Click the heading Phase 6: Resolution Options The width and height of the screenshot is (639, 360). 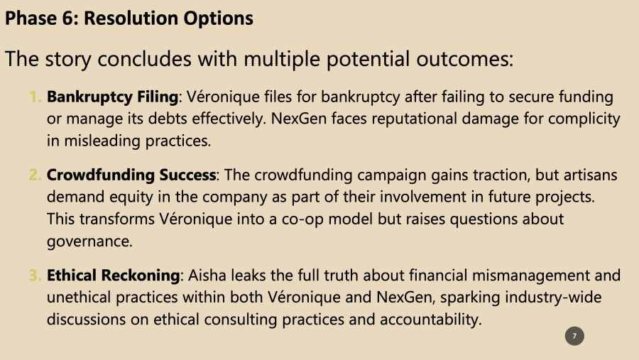tap(129, 18)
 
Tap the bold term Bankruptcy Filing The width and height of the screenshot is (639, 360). tap(112, 97)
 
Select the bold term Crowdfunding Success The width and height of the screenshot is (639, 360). tap(131, 175)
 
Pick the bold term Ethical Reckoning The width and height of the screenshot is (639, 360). tap(113, 276)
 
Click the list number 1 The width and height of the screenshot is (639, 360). tap(35, 97)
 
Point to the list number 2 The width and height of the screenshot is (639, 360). tap(35, 175)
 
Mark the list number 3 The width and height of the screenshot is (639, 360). tap(35, 276)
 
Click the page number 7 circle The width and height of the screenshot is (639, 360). tap(574, 336)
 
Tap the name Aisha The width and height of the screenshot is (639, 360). tap(207, 276)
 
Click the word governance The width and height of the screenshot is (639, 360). tap(89, 241)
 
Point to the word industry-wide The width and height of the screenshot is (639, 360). tap(553, 298)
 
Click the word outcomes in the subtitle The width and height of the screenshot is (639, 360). tap(464, 59)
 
